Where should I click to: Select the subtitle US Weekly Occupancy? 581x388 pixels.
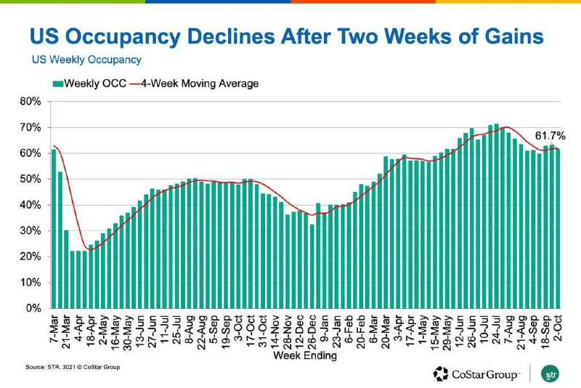(86, 60)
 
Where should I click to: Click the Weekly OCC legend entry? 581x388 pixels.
(90, 84)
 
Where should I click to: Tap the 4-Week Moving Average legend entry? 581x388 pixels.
(195, 84)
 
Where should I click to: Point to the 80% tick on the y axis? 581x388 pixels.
(31, 102)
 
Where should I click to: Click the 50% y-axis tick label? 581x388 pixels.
(31, 179)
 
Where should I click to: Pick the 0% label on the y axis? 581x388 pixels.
(33, 308)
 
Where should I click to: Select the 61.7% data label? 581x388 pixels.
(550, 136)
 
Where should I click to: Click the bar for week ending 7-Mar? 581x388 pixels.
(54, 229)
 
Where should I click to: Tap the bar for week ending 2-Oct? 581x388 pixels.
(558, 228)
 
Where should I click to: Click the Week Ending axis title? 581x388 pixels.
(305, 356)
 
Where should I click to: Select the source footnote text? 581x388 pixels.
(73, 367)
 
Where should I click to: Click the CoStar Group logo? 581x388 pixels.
(476, 374)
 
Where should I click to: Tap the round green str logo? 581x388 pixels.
(550, 374)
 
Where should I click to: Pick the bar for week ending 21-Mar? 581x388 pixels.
(66, 269)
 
